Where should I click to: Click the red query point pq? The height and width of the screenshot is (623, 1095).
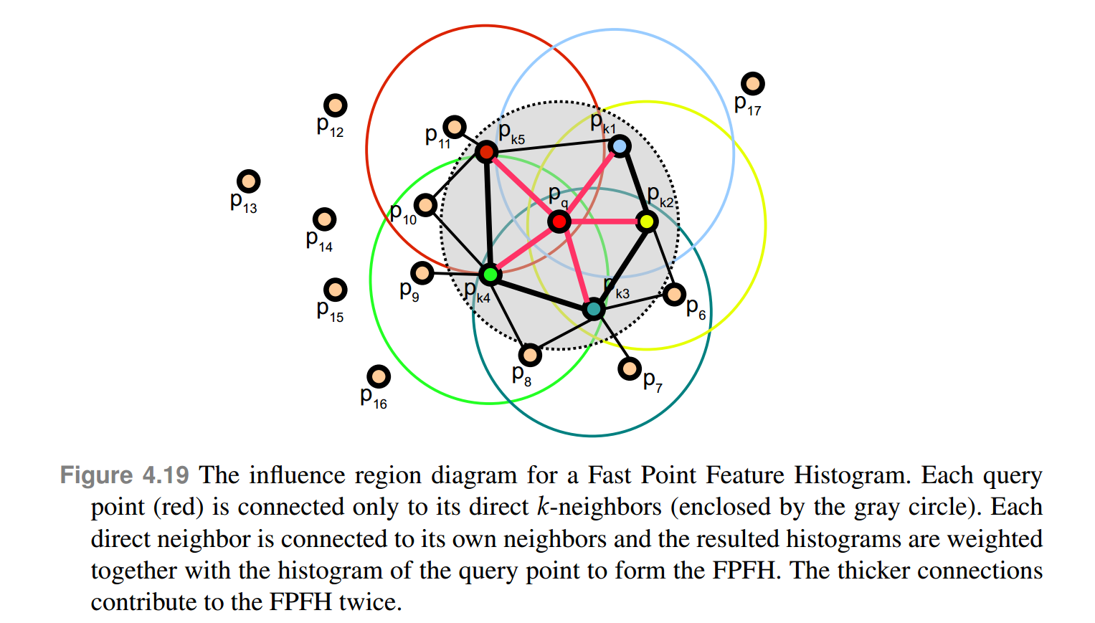point(559,222)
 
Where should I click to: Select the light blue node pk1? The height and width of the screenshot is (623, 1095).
point(620,146)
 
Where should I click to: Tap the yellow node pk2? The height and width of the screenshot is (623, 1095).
point(647,222)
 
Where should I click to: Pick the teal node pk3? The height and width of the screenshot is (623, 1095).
point(594,309)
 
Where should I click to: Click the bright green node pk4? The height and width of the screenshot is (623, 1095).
point(490,275)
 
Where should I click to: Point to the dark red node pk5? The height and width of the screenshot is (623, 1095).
point(486,151)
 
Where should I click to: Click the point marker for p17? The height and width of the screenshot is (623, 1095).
point(753,84)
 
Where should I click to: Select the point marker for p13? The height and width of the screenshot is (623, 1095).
point(248,182)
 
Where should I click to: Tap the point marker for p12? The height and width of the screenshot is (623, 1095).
point(336,105)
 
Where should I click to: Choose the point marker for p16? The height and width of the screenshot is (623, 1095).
point(379,376)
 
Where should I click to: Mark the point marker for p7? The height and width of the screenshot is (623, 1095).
point(630,369)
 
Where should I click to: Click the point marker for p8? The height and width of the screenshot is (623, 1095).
point(530,354)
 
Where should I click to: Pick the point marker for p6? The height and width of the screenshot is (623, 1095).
point(674,294)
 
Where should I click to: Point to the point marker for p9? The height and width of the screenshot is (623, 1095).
point(422,272)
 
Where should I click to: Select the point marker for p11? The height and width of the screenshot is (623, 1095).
point(455,128)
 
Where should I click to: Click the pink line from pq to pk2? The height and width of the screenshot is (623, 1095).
point(603,222)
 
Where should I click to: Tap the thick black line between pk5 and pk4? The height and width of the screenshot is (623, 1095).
point(488,213)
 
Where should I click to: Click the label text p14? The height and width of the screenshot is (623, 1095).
point(319,240)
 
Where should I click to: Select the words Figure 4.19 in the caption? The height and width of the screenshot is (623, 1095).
point(124,475)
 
